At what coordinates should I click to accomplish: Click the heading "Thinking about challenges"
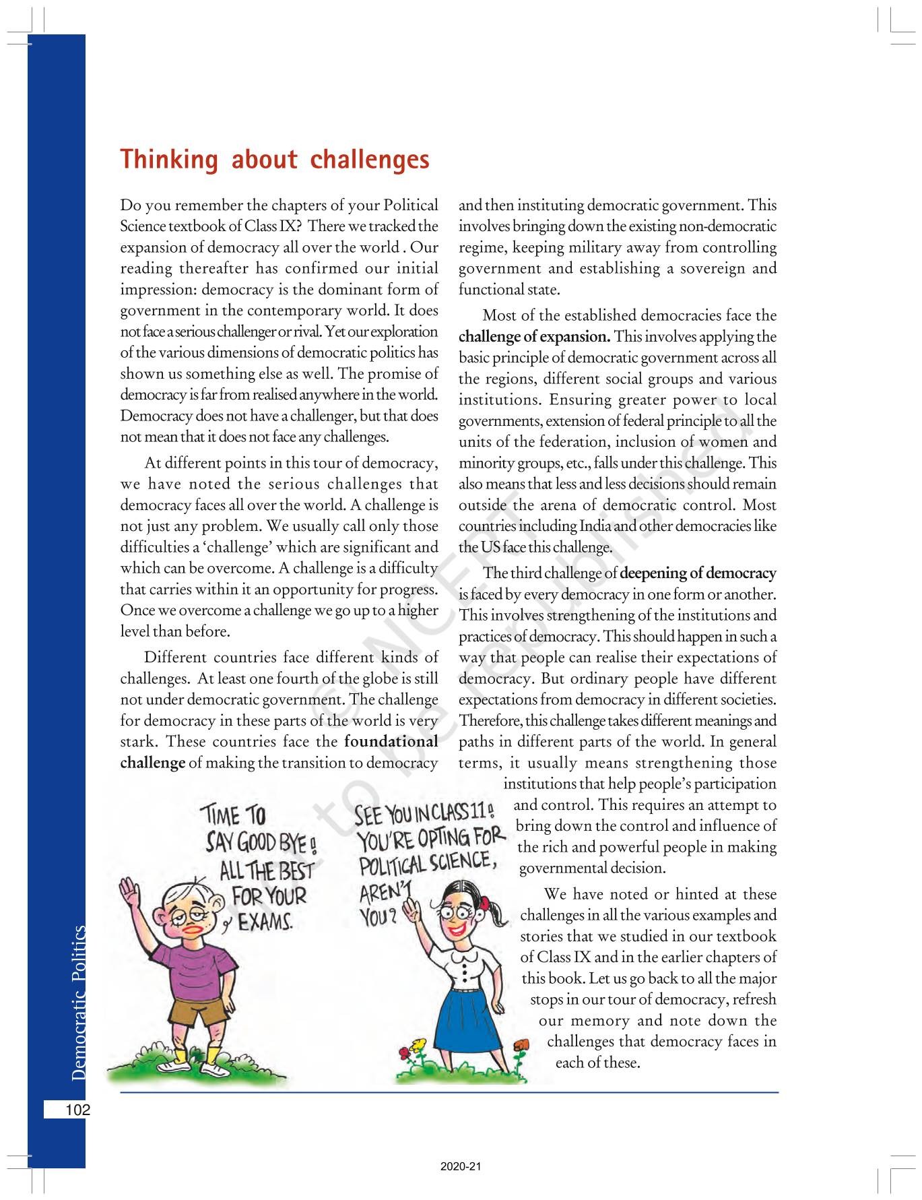[x=274, y=160]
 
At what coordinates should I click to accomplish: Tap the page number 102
[x=77, y=1110]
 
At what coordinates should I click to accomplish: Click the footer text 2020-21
[x=461, y=1166]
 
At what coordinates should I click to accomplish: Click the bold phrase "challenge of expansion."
[x=535, y=337]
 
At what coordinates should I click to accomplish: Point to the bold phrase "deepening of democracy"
[x=698, y=573]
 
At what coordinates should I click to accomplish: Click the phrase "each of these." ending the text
[x=597, y=1063]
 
